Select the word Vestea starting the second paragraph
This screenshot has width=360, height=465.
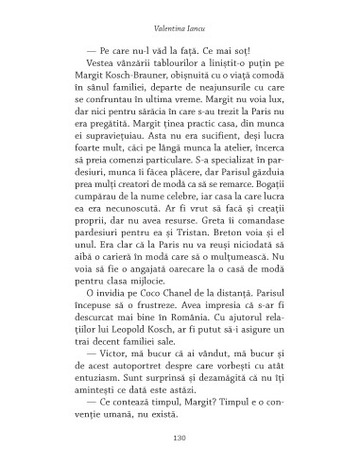pyautogui.click(x=89, y=60)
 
